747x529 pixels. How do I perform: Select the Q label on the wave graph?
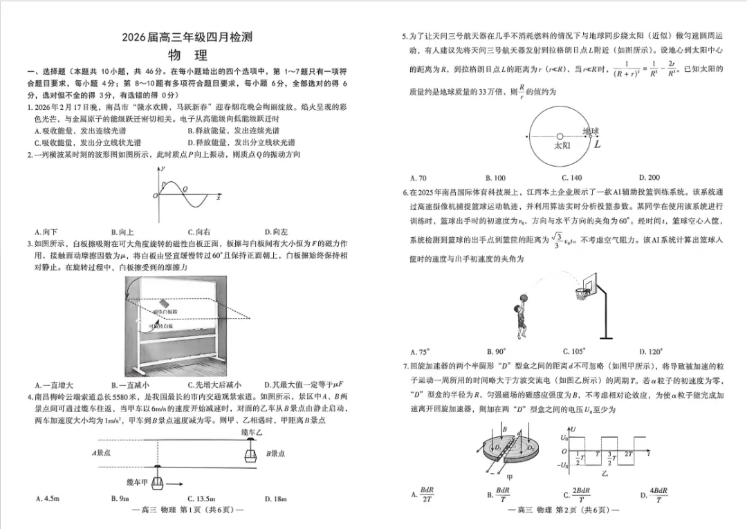[x=185, y=188]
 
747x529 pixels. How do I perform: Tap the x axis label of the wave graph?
[x=219, y=198]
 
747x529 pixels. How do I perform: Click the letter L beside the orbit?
[x=597, y=145]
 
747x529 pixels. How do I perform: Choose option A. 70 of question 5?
[x=418, y=178]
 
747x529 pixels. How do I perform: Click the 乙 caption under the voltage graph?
[x=605, y=475]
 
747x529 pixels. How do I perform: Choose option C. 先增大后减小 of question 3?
[x=214, y=385]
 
